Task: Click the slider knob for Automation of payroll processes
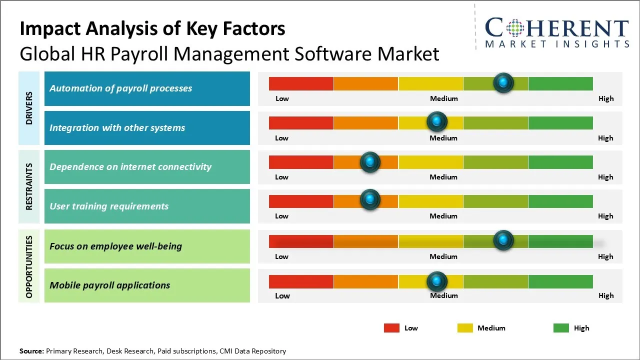[503, 82]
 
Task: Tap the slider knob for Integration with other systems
[437, 121]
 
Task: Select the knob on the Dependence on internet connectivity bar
[370, 161]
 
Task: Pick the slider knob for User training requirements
[370, 199]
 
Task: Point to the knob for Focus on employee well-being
[503, 240]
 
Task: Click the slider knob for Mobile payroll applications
[437, 281]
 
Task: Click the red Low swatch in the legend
[391, 328]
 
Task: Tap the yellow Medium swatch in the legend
[465, 328]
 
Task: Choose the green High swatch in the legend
[561, 328]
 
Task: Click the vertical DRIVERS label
[29, 108]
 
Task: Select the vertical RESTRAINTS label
[29, 186]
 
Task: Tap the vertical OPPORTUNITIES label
[29, 266]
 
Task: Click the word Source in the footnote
[31, 351]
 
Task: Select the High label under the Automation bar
[605, 98]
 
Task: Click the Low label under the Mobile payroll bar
[282, 295]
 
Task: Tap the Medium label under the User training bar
[443, 216]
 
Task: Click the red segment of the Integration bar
[301, 122]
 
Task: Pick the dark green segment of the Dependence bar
[560, 162]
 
